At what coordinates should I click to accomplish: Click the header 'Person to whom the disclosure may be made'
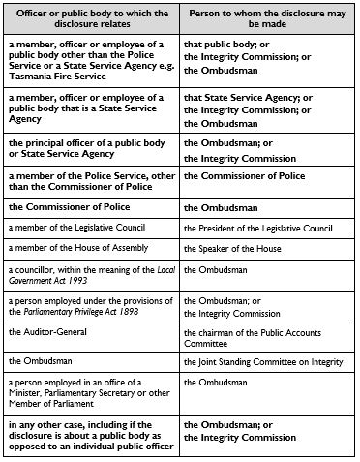(x=267, y=19)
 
